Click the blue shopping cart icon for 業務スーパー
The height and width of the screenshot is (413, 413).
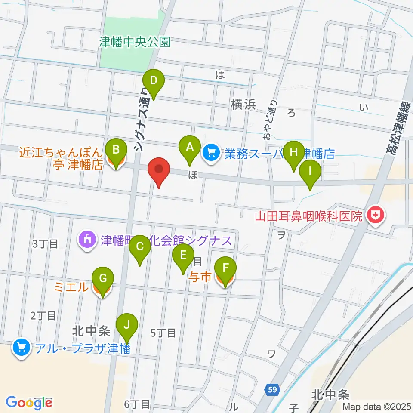point(211,152)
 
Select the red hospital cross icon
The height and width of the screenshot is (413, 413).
point(376,215)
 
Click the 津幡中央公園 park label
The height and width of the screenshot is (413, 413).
point(135,42)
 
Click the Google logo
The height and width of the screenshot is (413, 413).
point(29,402)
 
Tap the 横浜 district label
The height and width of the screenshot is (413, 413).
point(243,105)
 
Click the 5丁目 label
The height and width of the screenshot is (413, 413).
point(163,332)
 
